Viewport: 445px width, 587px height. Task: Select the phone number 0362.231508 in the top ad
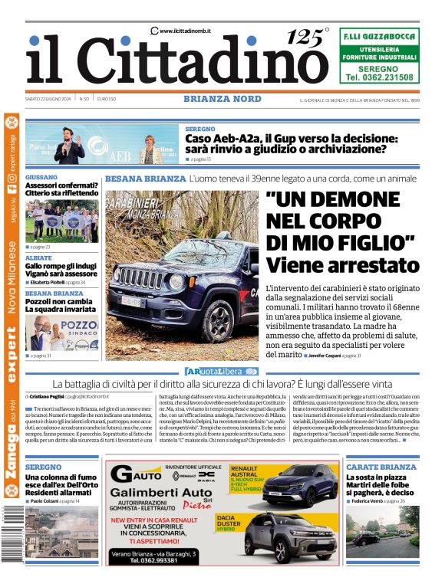point(379,77)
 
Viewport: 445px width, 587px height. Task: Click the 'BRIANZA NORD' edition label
point(222,99)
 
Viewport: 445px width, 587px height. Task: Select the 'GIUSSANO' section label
point(41,177)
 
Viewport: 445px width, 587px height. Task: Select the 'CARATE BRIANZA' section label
point(381,467)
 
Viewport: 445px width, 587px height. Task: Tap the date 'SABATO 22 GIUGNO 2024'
point(48,99)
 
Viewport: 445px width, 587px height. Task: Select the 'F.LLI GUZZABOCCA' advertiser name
point(379,36)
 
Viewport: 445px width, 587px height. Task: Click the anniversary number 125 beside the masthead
point(305,37)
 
